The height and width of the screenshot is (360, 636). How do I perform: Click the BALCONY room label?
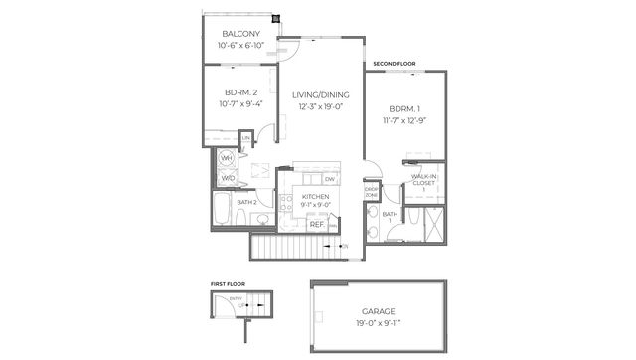(x=240, y=33)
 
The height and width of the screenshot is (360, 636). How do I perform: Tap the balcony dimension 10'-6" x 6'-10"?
(x=240, y=45)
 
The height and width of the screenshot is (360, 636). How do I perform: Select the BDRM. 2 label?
(x=241, y=92)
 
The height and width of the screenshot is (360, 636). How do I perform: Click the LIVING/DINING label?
(x=319, y=95)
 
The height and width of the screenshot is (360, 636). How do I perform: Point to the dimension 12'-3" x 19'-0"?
(x=319, y=107)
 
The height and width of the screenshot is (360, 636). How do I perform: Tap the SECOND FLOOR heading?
(x=395, y=64)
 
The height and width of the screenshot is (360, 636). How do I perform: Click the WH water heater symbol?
(x=227, y=158)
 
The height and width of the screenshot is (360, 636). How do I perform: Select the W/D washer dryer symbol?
(x=227, y=179)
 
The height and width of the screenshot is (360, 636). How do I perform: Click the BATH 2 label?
(x=246, y=202)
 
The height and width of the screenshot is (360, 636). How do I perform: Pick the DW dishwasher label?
(x=329, y=179)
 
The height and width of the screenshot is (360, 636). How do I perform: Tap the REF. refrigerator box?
(x=317, y=225)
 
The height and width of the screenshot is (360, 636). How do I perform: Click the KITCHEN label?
(x=315, y=197)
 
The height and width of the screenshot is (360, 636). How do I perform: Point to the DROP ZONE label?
(x=371, y=191)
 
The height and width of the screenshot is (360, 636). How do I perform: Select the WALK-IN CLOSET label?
(x=425, y=182)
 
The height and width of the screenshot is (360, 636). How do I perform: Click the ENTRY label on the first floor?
(x=236, y=297)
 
